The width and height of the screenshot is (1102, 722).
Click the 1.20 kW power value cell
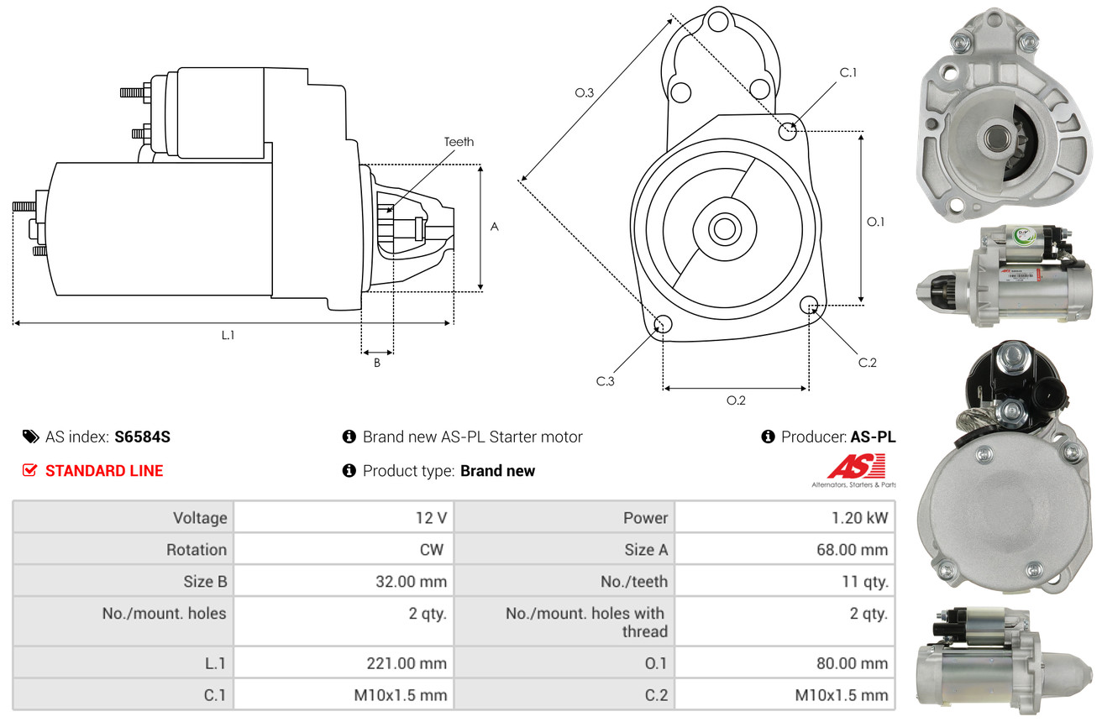(859, 517)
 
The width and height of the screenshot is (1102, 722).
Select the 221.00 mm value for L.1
(407, 663)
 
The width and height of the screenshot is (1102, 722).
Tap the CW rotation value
(432, 549)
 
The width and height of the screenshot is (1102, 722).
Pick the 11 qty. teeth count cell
(865, 581)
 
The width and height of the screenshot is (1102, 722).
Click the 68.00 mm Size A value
(852, 549)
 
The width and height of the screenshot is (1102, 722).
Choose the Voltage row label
(200, 517)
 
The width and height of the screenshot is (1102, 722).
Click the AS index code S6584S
(142, 437)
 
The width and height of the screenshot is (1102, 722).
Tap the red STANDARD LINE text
(104, 471)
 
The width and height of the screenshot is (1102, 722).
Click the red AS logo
(856, 466)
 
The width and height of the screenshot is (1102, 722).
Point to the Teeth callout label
(459, 142)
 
